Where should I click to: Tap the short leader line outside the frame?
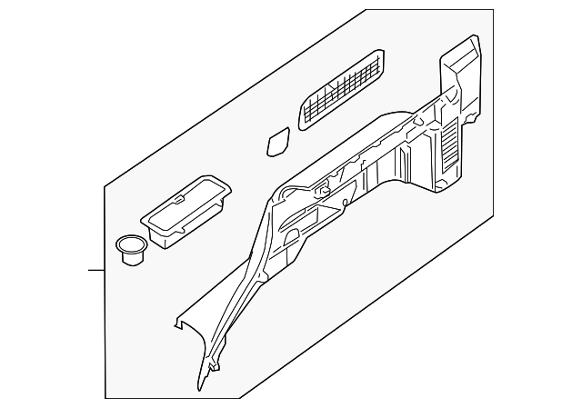coord(95,270)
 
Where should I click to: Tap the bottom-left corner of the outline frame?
coord(105,397)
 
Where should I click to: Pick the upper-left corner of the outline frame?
coord(105,184)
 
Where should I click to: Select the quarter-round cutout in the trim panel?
coord(292,238)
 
